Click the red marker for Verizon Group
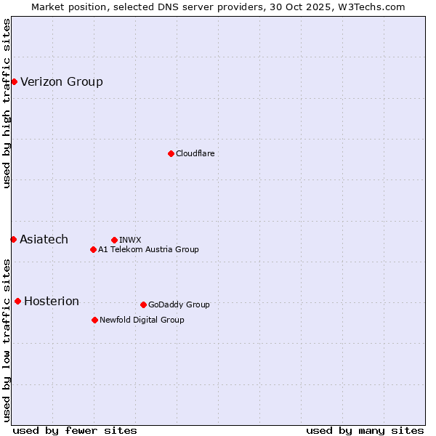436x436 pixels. pos(14,81)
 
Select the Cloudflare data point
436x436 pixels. pos(171,153)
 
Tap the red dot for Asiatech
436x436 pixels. pos(13,239)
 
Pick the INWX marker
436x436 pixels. pos(114,240)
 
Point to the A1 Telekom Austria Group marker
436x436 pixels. pos(93,249)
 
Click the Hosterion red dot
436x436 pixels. pos(17,301)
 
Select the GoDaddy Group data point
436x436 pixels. pos(143,304)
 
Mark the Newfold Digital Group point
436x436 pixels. pos(94,320)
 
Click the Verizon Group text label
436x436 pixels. pos(62,81)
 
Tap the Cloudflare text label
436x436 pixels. pos(195,153)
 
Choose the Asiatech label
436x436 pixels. pos(44,239)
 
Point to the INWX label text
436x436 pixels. pos(130,240)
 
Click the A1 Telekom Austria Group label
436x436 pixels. pos(148,249)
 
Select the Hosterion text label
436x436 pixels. pos(52,301)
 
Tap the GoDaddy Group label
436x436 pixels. pos(179,304)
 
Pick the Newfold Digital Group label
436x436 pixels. pos(142,320)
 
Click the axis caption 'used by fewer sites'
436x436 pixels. pos(75,430)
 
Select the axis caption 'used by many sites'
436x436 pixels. pos(365,430)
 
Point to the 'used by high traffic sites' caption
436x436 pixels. pos(7,103)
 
